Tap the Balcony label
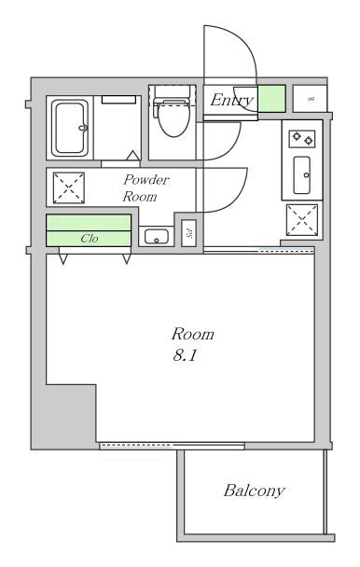point(254,490)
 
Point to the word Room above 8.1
point(192,334)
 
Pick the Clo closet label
point(90,239)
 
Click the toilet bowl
point(172,117)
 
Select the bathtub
point(71,127)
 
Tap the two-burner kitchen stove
point(303,139)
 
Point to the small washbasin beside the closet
point(156,236)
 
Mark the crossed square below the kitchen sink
point(302,221)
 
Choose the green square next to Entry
point(271,98)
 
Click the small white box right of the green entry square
point(310,98)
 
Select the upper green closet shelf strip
point(90,223)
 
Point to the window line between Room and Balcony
point(172,446)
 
